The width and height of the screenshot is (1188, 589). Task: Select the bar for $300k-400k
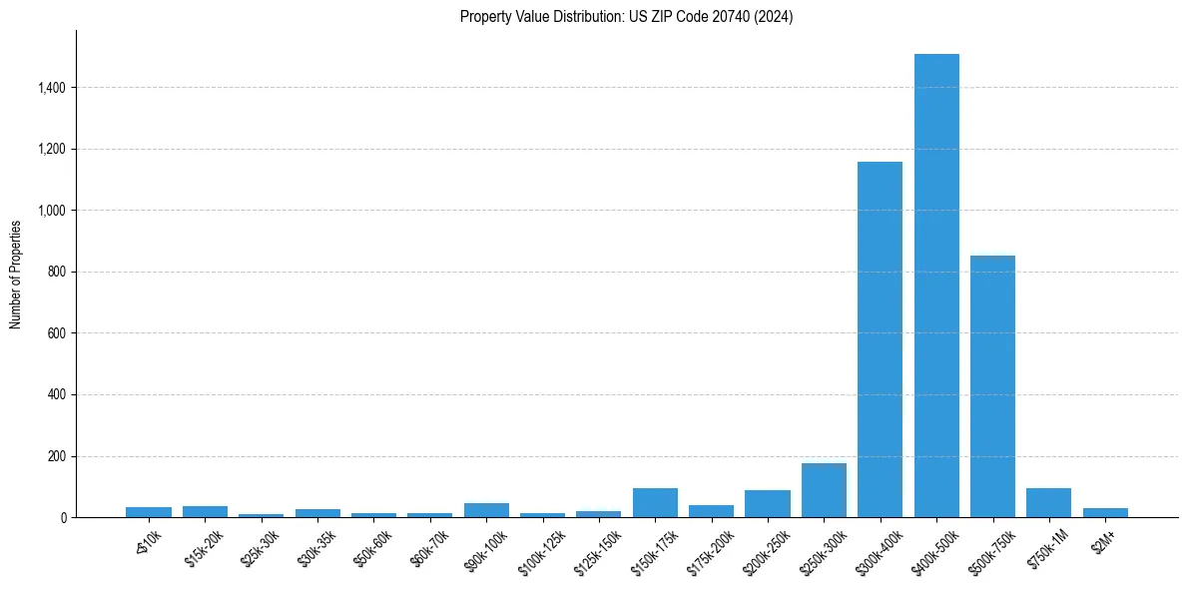pyautogui.click(x=880, y=339)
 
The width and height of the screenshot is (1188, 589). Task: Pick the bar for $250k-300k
pyautogui.click(x=824, y=490)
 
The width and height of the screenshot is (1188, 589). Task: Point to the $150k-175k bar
pyautogui.click(x=655, y=503)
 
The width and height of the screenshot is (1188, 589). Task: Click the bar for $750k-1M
pyautogui.click(x=1048, y=503)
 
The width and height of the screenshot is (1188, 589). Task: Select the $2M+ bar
pyautogui.click(x=1105, y=512)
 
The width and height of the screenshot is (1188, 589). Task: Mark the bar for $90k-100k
pyautogui.click(x=486, y=510)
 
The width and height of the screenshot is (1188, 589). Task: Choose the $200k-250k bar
pyautogui.click(x=768, y=504)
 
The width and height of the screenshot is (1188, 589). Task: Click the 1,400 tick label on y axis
pyautogui.click(x=51, y=88)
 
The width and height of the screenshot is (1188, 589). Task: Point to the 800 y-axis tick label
pyautogui.click(x=56, y=272)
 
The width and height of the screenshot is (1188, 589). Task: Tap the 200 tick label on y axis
pyautogui.click(x=56, y=456)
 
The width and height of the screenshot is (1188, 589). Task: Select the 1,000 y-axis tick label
pyautogui.click(x=51, y=211)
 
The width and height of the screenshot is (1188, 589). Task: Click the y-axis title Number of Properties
pyautogui.click(x=16, y=274)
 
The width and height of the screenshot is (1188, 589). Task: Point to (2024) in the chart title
pyautogui.click(x=775, y=17)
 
